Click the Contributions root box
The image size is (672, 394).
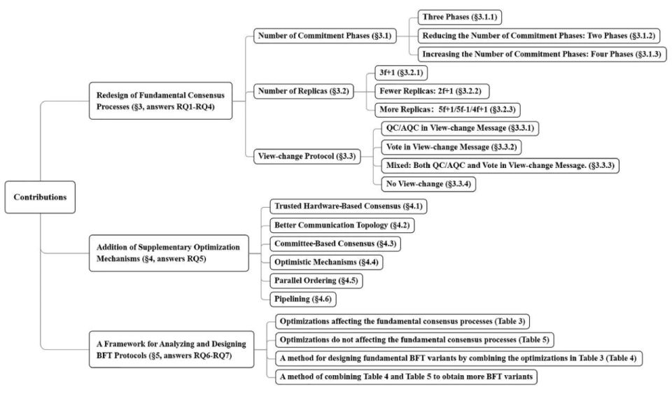click(x=40, y=197)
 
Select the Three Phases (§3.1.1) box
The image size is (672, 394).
click(x=460, y=17)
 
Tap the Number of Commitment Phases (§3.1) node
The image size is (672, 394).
click(x=325, y=36)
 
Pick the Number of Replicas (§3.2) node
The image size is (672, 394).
click(x=303, y=91)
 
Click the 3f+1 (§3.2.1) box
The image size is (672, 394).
click(x=401, y=73)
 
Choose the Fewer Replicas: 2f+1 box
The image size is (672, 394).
click(x=432, y=91)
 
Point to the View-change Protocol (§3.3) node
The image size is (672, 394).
click(x=307, y=156)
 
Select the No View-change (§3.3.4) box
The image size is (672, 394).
click(x=428, y=184)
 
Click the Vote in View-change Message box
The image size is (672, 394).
click(x=451, y=147)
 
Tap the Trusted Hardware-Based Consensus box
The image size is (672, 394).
click(x=349, y=206)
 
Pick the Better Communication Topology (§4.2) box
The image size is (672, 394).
click(x=342, y=225)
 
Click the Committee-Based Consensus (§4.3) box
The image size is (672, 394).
click(x=335, y=244)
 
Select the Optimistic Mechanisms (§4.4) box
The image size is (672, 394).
click(x=327, y=262)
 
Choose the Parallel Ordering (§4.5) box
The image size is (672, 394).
click(x=316, y=281)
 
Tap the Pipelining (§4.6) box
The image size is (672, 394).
click(x=303, y=299)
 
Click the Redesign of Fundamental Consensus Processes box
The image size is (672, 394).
click(x=161, y=101)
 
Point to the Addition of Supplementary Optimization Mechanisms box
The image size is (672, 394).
click(x=169, y=253)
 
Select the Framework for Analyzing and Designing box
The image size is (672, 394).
click(x=171, y=349)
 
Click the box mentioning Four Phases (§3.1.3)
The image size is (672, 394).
click(x=542, y=55)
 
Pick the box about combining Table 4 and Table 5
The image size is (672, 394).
click(x=406, y=377)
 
